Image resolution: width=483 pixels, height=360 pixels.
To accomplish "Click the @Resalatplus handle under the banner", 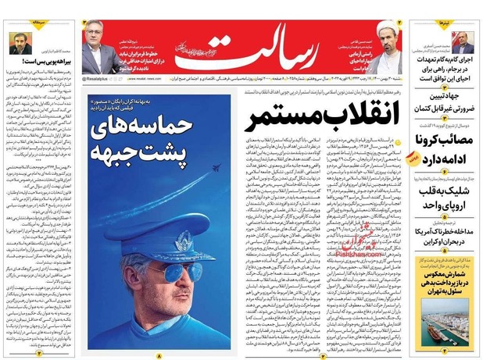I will click(102, 79).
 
